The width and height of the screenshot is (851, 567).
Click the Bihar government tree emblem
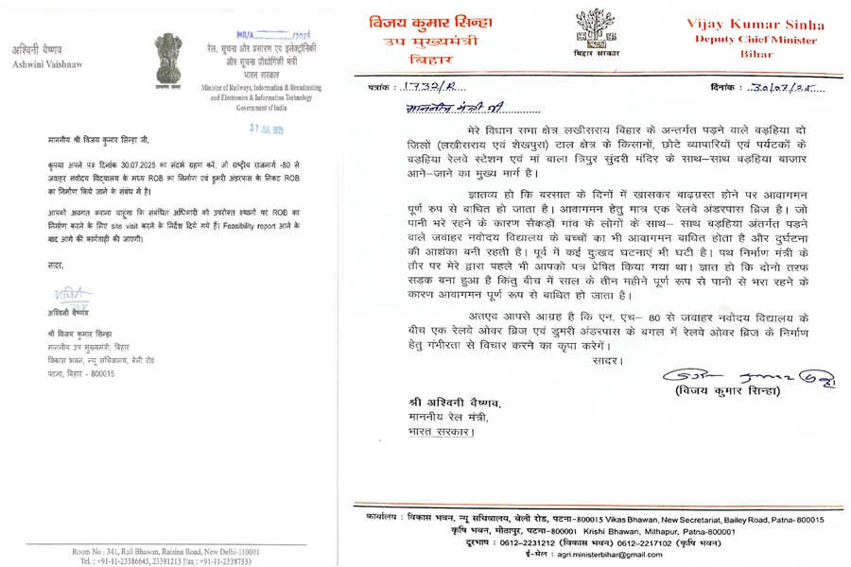596,32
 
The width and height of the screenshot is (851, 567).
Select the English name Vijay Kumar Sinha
768,25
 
